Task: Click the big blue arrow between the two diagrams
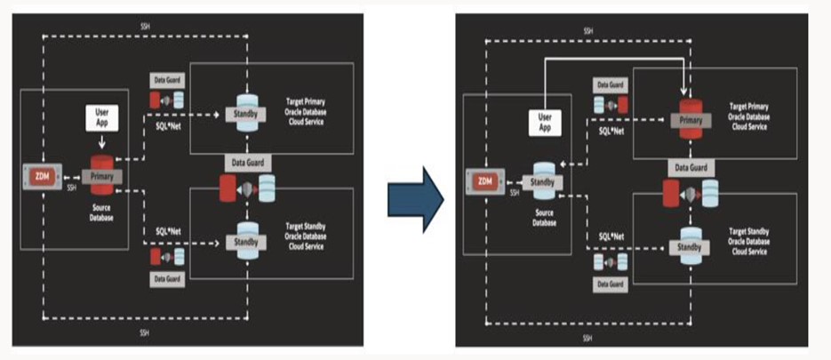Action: click(415, 196)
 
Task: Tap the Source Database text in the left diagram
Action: click(100, 210)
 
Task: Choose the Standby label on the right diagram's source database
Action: click(545, 181)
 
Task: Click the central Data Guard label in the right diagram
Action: click(690, 167)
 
